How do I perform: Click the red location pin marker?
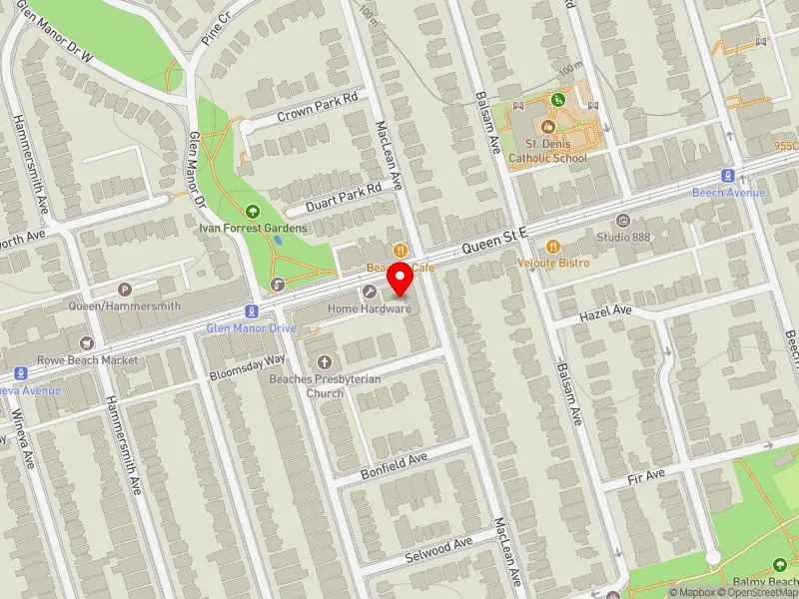(x=399, y=280)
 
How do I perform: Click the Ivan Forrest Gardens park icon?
(x=252, y=212)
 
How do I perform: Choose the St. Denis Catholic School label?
(x=547, y=151)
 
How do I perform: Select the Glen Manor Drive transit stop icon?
(x=251, y=312)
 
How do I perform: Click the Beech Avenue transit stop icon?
(x=729, y=176)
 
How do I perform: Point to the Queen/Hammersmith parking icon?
(x=125, y=289)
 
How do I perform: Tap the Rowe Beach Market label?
(x=87, y=359)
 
